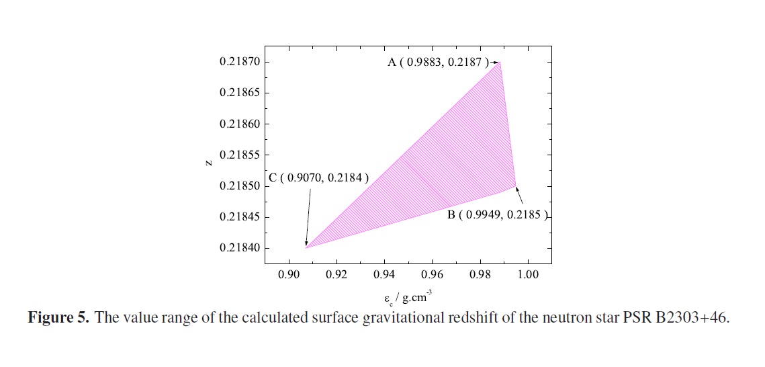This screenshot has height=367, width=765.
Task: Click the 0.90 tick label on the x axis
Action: pos(289,275)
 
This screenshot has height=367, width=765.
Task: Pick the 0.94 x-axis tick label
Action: pos(384,275)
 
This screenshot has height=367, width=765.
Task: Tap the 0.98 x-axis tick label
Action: pos(480,275)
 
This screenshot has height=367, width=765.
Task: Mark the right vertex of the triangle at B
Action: pos(515,186)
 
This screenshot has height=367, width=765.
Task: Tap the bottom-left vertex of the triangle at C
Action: pos(306,248)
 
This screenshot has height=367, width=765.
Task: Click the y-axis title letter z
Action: pos(210,162)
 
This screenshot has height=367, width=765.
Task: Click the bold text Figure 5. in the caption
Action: pos(58,318)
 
